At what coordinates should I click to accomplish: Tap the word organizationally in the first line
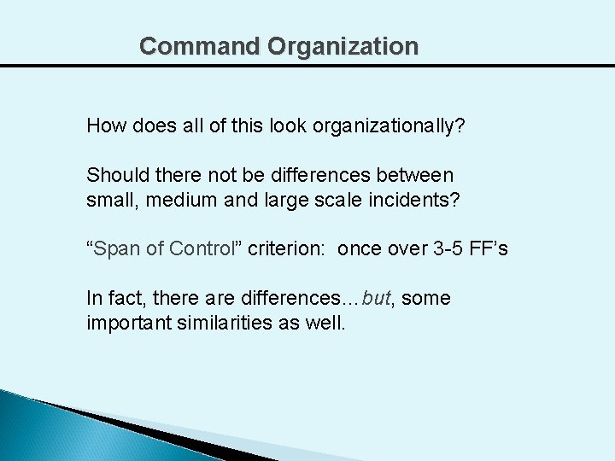point(389,126)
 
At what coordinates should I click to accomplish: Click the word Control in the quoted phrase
point(202,249)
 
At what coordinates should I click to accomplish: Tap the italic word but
point(376,299)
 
